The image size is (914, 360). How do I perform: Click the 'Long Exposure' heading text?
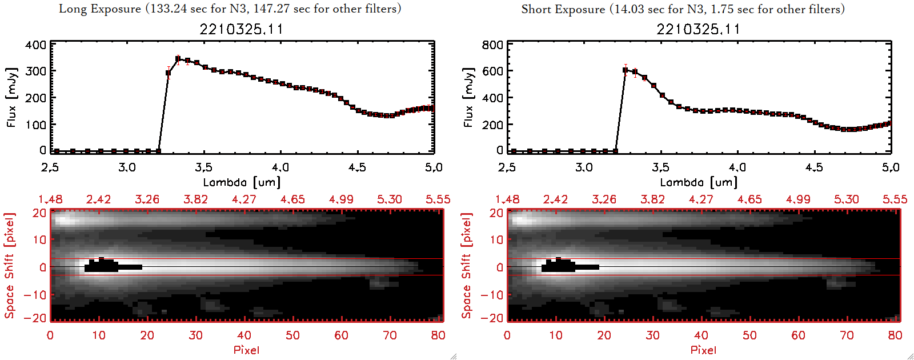(100, 9)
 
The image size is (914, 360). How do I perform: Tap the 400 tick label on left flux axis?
(36, 45)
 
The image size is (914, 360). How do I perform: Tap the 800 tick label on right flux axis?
(492, 45)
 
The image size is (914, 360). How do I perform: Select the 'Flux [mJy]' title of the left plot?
(12, 97)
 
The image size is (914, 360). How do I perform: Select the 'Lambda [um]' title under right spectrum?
(699, 182)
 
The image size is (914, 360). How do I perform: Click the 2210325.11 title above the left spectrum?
(241, 29)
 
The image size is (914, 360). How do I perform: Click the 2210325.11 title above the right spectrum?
(698, 29)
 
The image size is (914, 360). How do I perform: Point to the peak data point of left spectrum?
(178, 59)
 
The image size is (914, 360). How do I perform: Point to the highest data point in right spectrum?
(626, 70)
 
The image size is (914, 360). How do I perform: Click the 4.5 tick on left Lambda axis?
(357, 167)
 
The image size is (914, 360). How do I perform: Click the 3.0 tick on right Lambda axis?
(584, 167)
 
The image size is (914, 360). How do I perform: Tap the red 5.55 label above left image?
(438, 199)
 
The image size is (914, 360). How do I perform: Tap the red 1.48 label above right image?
(507, 199)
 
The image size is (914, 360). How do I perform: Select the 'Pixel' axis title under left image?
(246, 350)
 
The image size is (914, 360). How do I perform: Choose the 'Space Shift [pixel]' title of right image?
(467, 266)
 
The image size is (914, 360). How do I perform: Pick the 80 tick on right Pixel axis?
(895, 335)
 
